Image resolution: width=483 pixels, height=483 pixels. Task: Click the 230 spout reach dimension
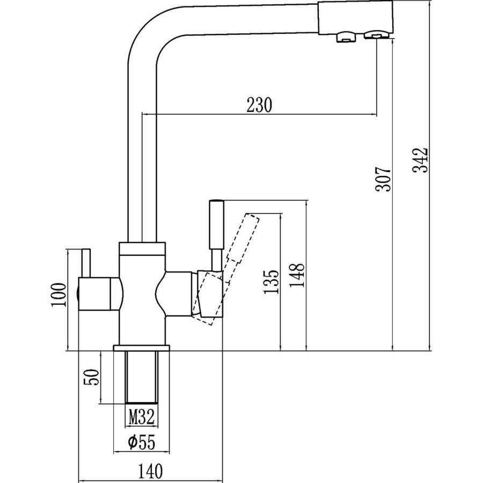coord(259,105)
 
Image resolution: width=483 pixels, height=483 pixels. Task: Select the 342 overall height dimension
coord(420,160)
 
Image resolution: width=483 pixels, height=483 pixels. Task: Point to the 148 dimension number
coord(297,275)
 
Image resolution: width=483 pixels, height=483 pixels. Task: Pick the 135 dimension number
coord(271,282)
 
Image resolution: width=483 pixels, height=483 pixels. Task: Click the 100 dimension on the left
coord(58,295)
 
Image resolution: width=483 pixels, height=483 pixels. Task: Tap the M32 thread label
coord(141,418)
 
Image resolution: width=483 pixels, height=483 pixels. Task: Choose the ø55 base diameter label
coord(142,443)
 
